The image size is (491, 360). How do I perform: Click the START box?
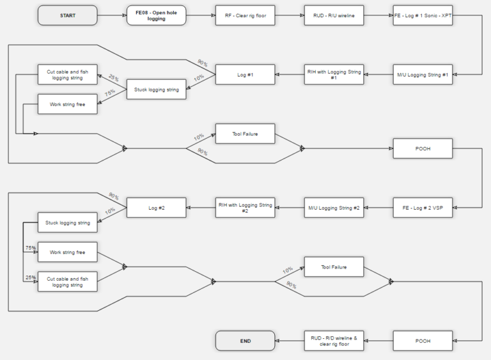click(x=68, y=15)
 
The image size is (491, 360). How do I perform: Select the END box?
click(x=245, y=341)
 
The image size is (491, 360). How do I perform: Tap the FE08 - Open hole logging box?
click(x=156, y=15)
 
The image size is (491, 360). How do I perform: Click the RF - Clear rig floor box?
click(x=245, y=15)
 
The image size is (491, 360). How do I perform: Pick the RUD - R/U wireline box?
click(x=334, y=15)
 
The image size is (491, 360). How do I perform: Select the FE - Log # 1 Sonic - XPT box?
click(x=423, y=15)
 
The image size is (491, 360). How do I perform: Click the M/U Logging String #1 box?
click(x=423, y=75)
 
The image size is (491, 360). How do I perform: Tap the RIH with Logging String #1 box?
click(x=334, y=75)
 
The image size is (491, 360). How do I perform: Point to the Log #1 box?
click(x=245, y=75)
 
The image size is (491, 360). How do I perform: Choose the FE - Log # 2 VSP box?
click(x=423, y=208)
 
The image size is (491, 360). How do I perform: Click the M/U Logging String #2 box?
click(x=334, y=208)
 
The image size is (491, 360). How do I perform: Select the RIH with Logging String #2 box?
click(x=245, y=208)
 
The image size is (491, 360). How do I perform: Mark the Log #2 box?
click(x=156, y=208)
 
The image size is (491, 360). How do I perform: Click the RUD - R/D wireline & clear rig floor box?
click(x=334, y=341)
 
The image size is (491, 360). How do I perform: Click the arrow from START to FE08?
click(x=112, y=15)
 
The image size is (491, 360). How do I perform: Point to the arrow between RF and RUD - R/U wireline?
click(x=290, y=15)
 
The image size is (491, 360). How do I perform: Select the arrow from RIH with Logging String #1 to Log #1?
click(x=290, y=75)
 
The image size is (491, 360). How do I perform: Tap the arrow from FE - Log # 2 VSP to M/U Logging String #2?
click(x=378, y=208)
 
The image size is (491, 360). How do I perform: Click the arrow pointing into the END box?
click(x=290, y=341)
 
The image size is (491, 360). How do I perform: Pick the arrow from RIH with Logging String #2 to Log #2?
click(x=201, y=208)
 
